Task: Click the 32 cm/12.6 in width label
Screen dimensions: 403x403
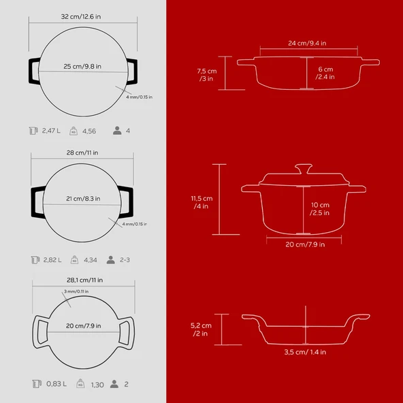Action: (81, 17)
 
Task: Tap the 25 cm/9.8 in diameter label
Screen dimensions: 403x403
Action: (82, 66)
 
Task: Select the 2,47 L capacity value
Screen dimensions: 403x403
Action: (51, 131)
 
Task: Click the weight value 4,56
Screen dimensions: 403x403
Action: (89, 131)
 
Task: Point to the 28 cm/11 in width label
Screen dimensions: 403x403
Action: (82, 152)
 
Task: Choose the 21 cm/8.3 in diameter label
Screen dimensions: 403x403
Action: (83, 199)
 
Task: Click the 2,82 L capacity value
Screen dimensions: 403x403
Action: (52, 260)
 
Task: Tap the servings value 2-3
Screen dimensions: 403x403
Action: (125, 260)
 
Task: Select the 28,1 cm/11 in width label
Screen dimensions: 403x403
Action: (85, 280)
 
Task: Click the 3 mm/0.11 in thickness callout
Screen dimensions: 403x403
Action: (76, 291)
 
